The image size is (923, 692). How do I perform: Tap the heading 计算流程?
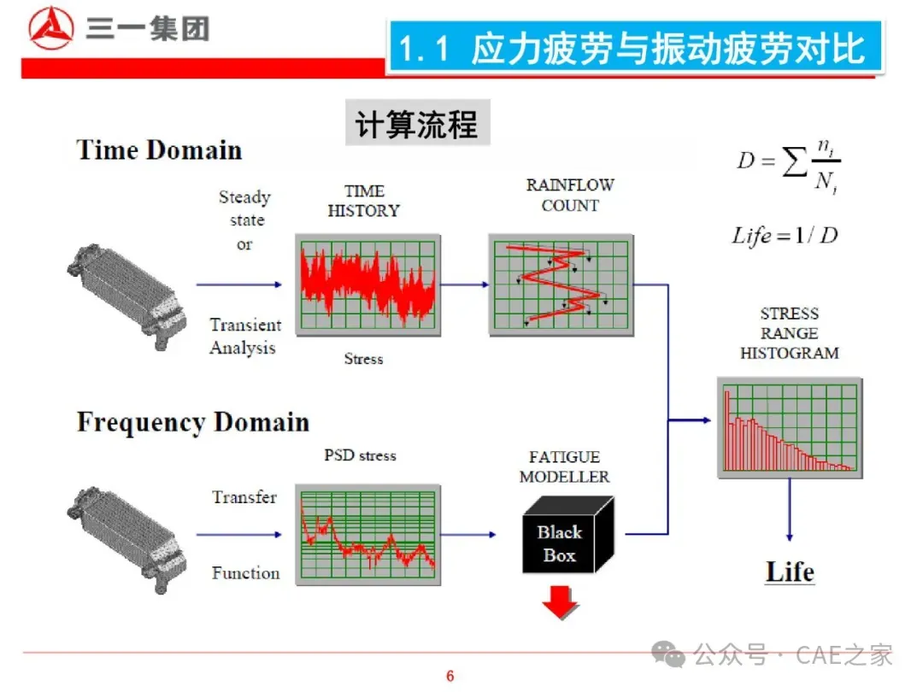coord(416,125)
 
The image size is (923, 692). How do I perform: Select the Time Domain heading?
coord(159,150)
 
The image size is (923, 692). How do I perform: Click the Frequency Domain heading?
coord(192,422)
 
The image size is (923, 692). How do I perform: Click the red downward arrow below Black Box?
coord(560,602)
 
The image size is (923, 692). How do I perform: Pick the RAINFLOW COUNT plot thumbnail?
coord(561,284)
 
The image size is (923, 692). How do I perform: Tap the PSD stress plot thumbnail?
coord(368,534)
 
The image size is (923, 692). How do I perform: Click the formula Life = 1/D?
coord(785,235)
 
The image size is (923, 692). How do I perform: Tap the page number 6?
coord(450,677)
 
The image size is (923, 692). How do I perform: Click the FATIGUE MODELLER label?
coord(564,466)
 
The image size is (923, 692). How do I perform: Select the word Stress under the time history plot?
coord(363,359)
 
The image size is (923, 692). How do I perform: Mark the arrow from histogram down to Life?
coord(788,510)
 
